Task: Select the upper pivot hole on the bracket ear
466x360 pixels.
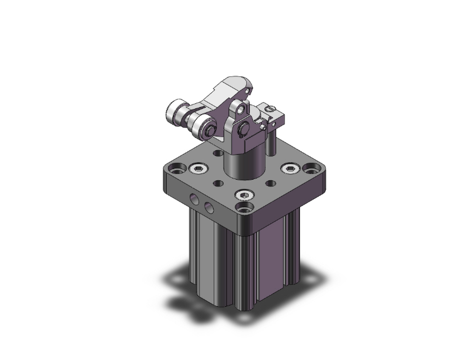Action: [239, 111]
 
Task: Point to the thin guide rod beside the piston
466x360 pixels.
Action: [271, 141]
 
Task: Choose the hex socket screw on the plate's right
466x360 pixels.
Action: [289, 168]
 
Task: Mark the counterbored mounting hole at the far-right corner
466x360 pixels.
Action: [311, 168]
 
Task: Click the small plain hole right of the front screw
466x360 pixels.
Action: [269, 183]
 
